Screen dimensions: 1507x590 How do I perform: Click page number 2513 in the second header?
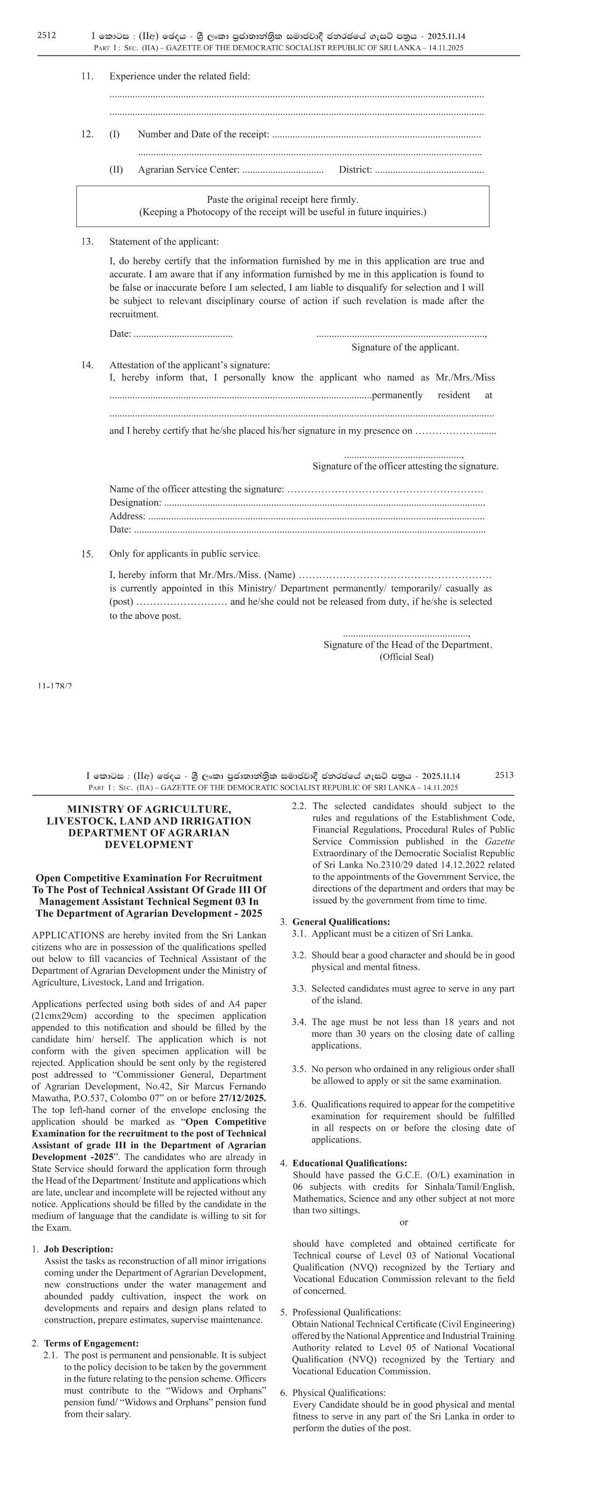click(504, 775)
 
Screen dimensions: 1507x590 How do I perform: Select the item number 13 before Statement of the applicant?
click(87, 242)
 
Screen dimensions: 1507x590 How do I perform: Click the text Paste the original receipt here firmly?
click(282, 199)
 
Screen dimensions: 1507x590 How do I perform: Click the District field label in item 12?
click(355, 170)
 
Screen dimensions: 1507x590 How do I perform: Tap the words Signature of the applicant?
click(405, 348)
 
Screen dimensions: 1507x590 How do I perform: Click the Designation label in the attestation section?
click(135, 502)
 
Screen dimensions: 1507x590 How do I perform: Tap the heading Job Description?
click(79, 1249)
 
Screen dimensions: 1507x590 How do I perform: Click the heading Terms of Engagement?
click(91, 1343)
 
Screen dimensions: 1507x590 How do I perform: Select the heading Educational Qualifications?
click(350, 1163)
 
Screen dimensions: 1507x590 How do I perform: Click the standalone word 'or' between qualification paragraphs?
click(403, 1222)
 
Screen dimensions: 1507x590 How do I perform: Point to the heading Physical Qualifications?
click(339, 1393)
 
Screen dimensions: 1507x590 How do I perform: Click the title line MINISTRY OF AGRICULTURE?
click(149, 809)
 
